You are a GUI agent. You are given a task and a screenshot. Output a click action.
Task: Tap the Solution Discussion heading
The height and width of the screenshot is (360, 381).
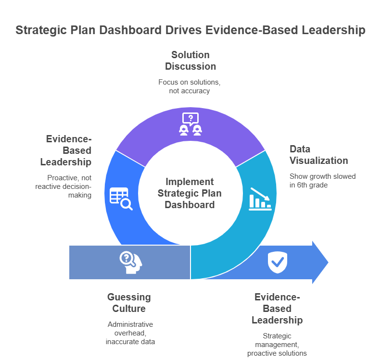(190, 61)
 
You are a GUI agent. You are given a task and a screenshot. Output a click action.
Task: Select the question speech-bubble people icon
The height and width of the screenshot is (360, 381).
(190, 124)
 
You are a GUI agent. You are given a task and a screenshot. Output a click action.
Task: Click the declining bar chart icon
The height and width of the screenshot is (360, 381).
(260, 199)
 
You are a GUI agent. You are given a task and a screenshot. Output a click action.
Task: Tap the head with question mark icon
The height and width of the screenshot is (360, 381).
(128, 262)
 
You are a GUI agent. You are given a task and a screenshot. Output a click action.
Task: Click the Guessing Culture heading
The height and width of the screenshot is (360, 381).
(129, 303)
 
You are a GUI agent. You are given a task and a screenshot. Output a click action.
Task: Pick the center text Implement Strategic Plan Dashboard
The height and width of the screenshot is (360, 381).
(190, 193)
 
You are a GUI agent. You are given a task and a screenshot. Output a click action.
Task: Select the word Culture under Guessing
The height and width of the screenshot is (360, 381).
(129, 309)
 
